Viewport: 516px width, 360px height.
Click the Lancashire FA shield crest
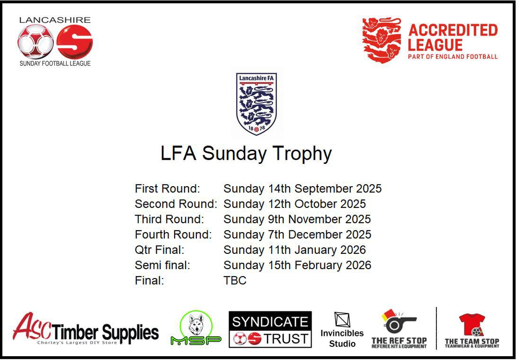pos(256,104)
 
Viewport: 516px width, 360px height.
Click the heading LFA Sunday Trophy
pos(246,154)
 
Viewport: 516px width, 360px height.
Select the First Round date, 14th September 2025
pos(302,189)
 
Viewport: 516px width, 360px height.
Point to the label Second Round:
pos(176,204)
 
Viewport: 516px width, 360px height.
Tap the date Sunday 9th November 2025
pos(297,219)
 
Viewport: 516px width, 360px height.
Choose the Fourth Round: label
pos(173,234)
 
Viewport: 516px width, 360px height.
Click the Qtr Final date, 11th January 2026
pos(294,250)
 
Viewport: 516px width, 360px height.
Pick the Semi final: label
pos(162,265)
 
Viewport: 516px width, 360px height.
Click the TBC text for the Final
pos(235,280)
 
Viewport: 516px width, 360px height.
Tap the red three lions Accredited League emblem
pos(382,40)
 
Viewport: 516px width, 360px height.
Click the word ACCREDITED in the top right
pos(453,31)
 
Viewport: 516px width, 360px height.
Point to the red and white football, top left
pos(36,42)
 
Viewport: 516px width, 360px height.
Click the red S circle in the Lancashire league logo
pos(74,42)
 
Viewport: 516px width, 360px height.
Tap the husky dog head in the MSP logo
pos(196,324)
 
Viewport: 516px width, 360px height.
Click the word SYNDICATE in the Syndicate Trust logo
pos(270,322)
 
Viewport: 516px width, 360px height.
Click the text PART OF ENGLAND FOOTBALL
pos(453,57)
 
